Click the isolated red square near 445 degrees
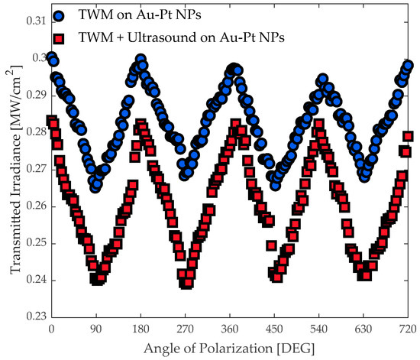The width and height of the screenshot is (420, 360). click(271, 246)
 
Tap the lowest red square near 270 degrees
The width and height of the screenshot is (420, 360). click(186, 284)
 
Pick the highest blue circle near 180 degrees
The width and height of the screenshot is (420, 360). click(141, 60)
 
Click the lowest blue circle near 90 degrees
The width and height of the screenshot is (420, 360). click(95, 186)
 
